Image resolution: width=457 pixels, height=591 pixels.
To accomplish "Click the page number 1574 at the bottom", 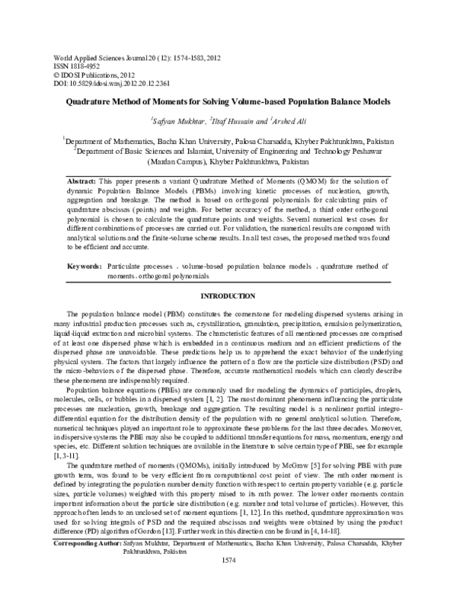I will pyautogui.click(x=228, y=581).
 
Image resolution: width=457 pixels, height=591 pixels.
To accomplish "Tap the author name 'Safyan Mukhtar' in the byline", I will pyautogui.click(x=177, y=120).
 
